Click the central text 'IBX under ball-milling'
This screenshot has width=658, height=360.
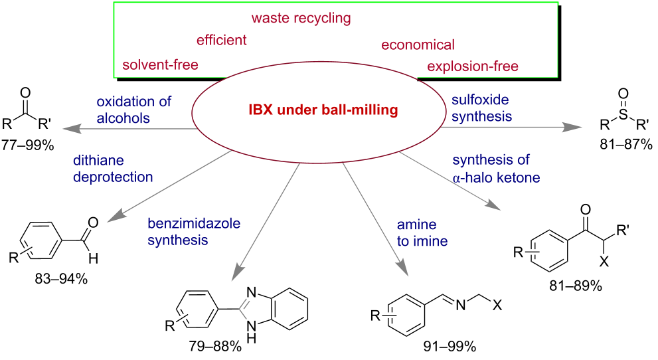(323, 110)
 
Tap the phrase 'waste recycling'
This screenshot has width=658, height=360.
(301, 19)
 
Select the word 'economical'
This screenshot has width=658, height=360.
(418, 45)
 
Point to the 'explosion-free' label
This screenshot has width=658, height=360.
(473, 66)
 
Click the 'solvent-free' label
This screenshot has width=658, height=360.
(160, 64)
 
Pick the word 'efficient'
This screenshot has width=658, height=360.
(222, 40)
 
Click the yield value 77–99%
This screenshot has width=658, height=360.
(28, 145)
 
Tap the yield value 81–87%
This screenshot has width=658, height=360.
(625, 144)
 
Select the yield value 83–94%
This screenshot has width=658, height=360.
(61, 278)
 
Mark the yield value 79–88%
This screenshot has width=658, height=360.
(215, 346)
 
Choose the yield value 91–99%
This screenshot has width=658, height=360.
(450, 346)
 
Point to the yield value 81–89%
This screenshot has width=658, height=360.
(575, 286)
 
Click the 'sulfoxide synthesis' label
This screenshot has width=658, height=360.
(482, 108)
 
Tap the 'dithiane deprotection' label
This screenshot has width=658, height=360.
(113, 169)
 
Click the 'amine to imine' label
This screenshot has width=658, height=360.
(422, 232)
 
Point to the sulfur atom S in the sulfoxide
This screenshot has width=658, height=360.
(623, 114)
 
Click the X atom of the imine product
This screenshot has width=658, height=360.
(497, 305)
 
